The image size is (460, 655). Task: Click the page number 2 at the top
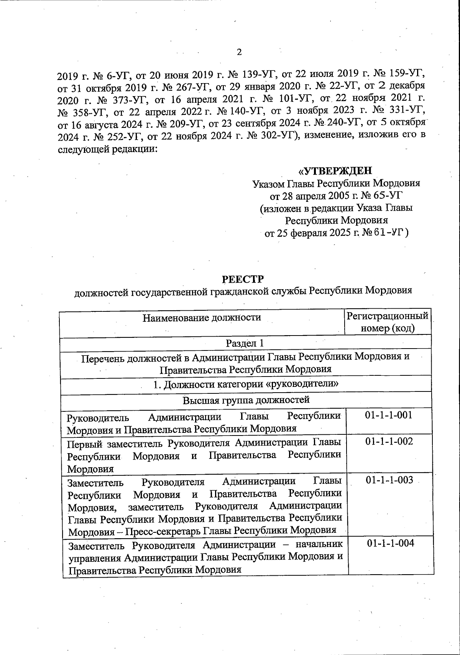tap(239, 52)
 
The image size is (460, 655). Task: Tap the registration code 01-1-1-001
tap(389, 415)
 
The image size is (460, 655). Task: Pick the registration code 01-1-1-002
tap(389, 442)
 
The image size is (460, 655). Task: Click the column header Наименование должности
tap(202, 318)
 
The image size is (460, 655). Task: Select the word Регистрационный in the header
tap(387, 316)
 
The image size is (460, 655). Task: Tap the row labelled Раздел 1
tap(245, 343)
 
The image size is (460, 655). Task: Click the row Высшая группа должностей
tap(246, 400)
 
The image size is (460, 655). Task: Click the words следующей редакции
tap(108, 149)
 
